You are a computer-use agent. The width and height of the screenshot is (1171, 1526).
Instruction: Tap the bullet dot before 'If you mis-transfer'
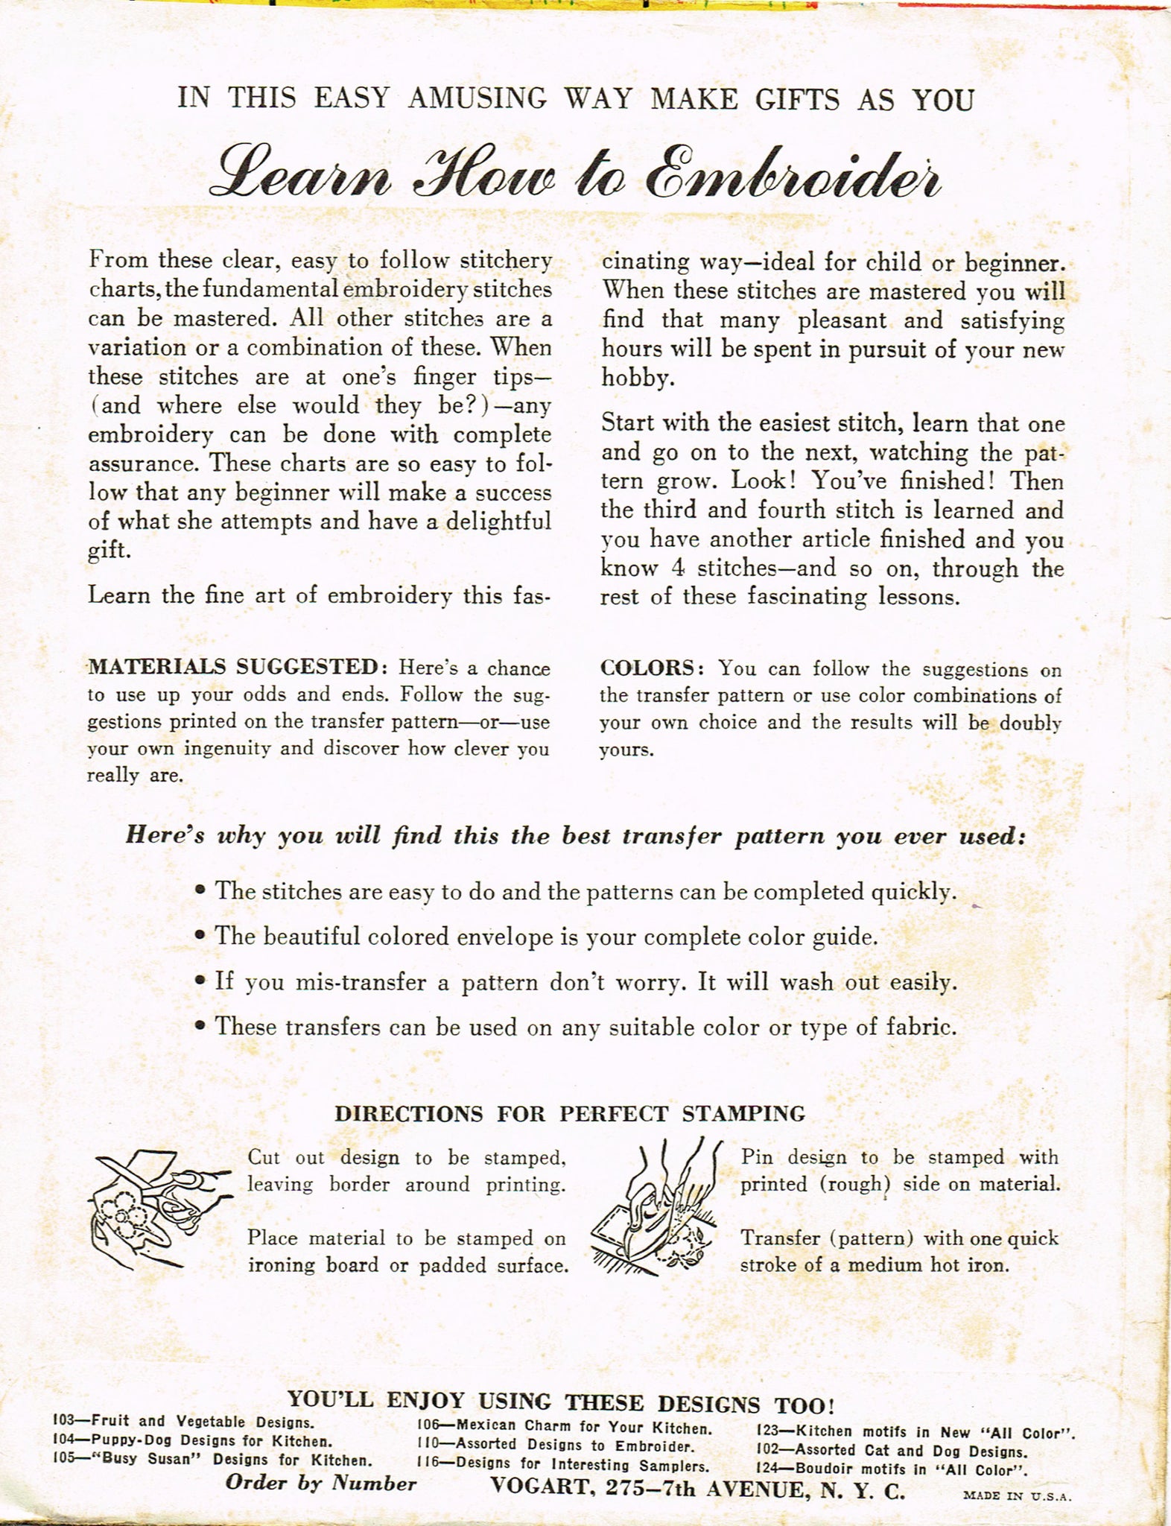point(200,983)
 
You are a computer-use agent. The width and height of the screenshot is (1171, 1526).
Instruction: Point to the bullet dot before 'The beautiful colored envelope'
point(200,937)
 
